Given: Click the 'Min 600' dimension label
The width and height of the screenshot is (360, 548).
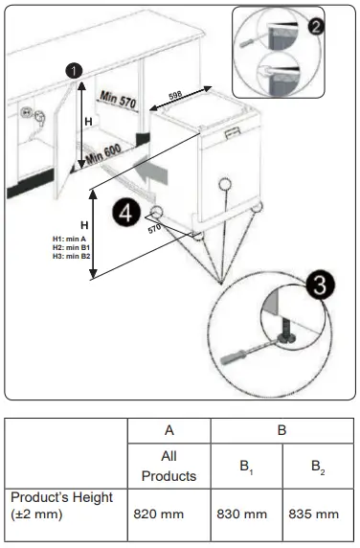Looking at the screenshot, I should pos(108,156).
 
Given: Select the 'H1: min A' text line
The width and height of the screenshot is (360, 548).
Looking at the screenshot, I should pos(70,240).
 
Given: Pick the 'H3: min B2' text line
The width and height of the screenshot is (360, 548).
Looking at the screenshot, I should pos(72,255).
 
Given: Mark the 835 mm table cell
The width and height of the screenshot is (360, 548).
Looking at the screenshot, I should pos(314,514).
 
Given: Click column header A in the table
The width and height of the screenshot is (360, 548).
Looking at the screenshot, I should pos(169,431).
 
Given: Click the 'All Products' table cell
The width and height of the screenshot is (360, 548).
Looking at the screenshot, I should pos(169,467).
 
